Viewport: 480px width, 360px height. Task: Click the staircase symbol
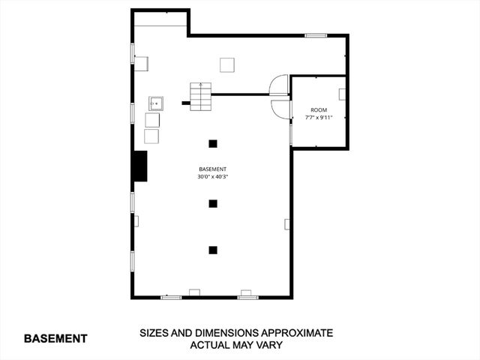(199, 95)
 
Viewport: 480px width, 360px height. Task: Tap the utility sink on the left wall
(157, 103)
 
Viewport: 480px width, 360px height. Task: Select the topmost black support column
(213, 143)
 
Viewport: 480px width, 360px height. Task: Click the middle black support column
(213, 203)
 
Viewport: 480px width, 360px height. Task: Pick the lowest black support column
(213, 250)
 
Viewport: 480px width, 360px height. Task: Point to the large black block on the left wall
(139, 166)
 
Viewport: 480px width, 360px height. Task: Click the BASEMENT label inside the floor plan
(212, 169)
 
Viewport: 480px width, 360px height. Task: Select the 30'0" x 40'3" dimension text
(212, 177)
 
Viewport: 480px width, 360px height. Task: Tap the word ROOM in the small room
(319, 110)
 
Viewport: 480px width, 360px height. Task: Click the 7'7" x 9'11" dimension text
(319, 118)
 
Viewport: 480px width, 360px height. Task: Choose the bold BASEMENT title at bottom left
(55, 338)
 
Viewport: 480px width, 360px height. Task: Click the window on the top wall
(316, 35)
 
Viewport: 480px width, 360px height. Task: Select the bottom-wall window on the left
(171, 298)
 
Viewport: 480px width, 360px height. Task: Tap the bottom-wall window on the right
(248, 298)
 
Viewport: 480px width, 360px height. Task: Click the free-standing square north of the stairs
(227, 65)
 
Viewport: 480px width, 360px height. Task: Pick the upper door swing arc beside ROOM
(280, 83)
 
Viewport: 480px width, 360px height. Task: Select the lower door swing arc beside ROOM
(280, 109)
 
